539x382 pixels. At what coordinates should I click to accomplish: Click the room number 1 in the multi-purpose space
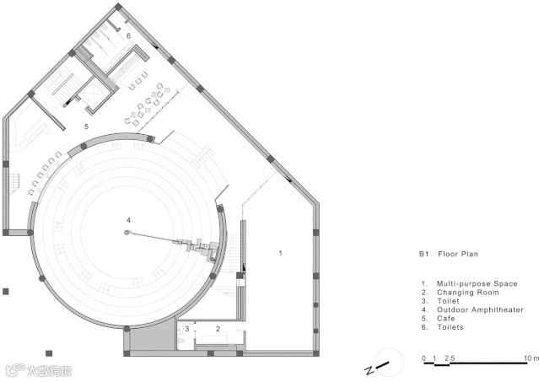click(x=281, y=253)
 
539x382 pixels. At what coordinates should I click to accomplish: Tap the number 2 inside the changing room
click(x=218, y=329)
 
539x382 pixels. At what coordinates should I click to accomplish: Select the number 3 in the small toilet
click(x=187, y=329)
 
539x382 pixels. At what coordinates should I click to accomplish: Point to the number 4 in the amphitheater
click(x=128, y=220)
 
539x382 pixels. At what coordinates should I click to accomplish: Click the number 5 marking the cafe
click(x=86, y=126)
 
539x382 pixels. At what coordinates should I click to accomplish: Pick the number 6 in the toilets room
click(x=128, y=35)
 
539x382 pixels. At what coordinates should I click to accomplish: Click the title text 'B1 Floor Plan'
click(x=448, y=254)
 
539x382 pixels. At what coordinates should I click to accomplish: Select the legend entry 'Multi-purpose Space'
click(x=477, y=283)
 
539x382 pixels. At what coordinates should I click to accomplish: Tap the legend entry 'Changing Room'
click(x=467, y=293)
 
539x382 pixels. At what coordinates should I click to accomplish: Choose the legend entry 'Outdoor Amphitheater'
click(x=480, y=309)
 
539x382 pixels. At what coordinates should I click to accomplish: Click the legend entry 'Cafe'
click(x=446, y=319)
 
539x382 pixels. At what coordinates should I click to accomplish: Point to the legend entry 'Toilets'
click(x=450, y=327)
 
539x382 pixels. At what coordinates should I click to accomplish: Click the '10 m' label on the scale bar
click(x=531, y=358)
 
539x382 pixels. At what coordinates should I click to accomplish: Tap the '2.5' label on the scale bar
click(x=450, y=358)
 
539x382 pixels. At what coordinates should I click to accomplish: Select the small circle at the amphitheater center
click(x=127, y=233)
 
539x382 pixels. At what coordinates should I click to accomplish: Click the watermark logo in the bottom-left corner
click(x=40, y=371)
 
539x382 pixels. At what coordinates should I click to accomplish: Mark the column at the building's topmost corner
click(x=118, y=7)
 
